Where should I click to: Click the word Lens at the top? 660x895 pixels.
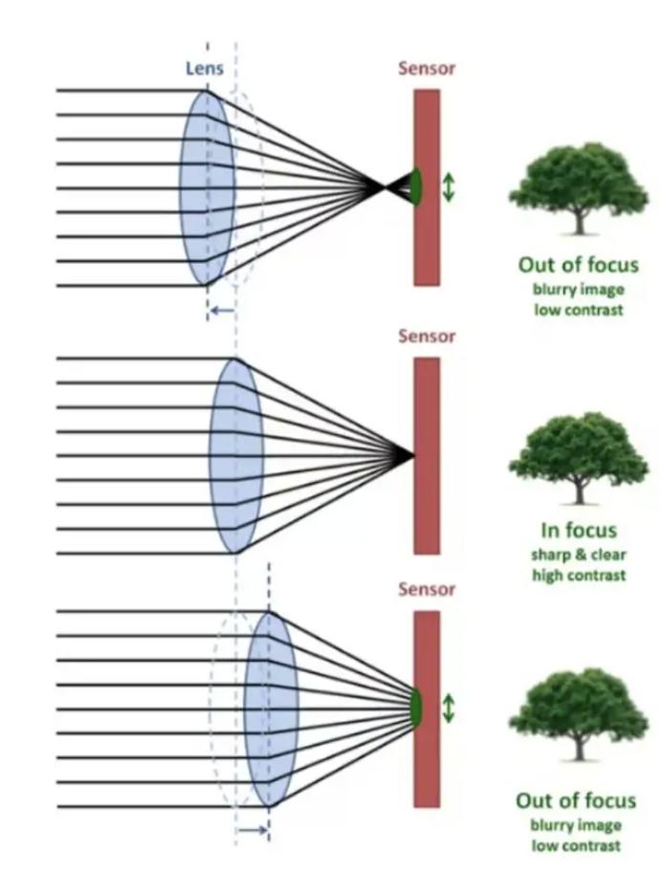[205, 69]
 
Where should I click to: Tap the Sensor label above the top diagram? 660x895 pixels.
[427, 68]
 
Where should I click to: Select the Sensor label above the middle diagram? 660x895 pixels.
[427, 336]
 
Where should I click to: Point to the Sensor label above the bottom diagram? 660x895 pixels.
[427, 588]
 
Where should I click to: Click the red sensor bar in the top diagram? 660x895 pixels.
[427, 187]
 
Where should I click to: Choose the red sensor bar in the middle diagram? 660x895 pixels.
[427, 455]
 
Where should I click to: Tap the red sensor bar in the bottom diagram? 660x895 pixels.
[427, 709]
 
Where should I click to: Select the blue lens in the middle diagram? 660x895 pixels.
[236, 455]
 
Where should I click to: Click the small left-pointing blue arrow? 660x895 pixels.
[222, 311]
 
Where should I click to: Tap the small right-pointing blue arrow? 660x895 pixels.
[253, 830]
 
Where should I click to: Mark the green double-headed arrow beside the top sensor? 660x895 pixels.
[449, 187]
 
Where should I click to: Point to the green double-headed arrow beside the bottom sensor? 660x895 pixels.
[449, 708]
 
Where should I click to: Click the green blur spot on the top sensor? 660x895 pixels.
[416, 186]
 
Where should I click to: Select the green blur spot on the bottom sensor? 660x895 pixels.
[416, 708]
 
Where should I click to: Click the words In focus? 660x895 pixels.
[579, 531]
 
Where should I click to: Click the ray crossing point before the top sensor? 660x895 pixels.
[384, 186]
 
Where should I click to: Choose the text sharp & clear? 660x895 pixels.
[579, 555]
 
